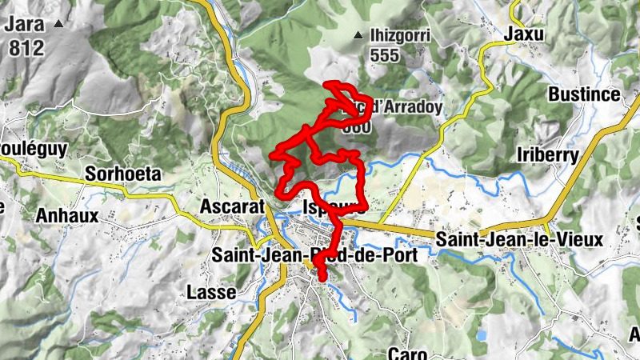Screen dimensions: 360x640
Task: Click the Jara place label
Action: [26, 25]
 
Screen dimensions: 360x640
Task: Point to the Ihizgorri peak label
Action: [400, 35]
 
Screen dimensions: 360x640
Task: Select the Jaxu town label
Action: [524, 34]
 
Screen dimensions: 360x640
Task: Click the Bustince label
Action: [584, 94]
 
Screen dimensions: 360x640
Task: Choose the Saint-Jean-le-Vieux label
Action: [520, 239]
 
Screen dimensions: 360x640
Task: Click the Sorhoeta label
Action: [123, 174]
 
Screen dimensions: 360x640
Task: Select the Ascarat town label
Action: [232, 206]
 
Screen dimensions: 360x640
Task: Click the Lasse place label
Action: [210, 292]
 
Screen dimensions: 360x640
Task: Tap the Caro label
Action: [409, 353]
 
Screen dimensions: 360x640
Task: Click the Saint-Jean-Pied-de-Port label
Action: [320, 256]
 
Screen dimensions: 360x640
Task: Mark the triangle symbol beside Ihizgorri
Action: [358, 35]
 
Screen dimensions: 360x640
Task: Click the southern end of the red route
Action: [322, 278]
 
